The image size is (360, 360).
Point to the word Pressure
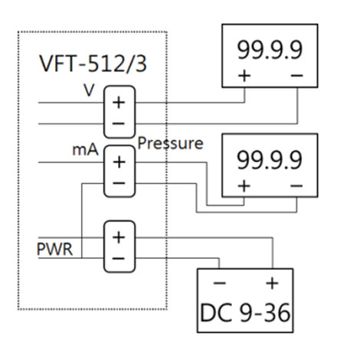(170, 143)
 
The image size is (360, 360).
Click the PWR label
(54, 249)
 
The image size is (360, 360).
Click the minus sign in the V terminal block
(119, 123)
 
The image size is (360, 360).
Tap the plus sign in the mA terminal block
(119, 162)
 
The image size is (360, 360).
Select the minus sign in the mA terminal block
(119, 182)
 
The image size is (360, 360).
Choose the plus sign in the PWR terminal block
(119, 237)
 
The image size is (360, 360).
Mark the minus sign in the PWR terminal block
(119, 258)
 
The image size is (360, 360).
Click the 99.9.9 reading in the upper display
(269, 50)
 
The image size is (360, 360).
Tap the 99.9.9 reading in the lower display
(269, 160)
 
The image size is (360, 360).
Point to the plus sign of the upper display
(244, 76)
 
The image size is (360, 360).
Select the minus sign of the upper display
(296, 76)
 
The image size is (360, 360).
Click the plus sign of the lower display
(244, 185)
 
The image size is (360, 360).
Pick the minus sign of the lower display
(296, 185)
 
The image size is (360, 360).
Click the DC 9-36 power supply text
(245, 313)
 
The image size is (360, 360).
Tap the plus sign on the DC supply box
(271, 284)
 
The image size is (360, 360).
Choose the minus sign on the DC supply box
(219, 284)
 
